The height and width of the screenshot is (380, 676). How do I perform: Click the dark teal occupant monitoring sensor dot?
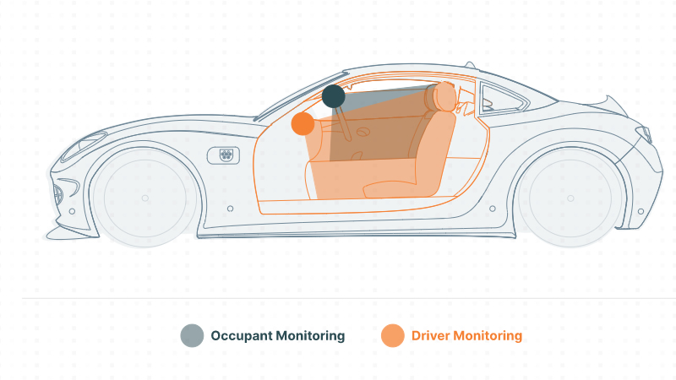click(x=333, y=96)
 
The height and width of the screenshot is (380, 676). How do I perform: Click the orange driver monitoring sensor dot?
click(x=303, y=124)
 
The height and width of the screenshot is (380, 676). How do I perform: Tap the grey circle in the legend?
click(x=192, y=335)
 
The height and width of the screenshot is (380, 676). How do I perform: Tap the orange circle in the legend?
click(x=392, y=335)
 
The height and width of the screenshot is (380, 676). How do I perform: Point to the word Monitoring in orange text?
click(x=488, y=336)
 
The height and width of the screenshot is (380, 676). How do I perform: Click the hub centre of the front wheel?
click(x=145, y=198)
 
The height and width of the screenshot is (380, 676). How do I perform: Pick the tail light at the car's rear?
click(x=644, y=134)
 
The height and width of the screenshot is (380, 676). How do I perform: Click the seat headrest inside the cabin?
click(x=444, y=96)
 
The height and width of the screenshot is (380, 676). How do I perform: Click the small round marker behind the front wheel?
click(x=229, y=208)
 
